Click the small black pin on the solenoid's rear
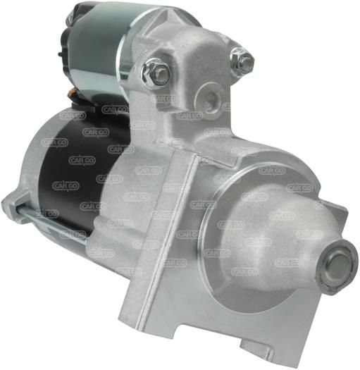60,55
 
